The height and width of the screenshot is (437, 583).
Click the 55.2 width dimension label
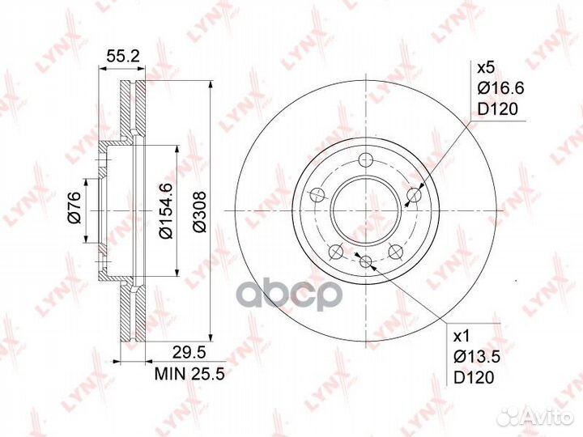click(123, 56)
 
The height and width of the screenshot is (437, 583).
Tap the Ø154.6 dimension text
click(165, 210)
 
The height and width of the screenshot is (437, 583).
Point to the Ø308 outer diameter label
click(199, 212)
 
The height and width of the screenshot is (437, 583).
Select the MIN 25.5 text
click(189, 374)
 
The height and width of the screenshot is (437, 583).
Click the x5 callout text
click(486, 68)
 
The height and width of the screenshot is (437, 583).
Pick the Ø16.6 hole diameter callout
click(500, 88)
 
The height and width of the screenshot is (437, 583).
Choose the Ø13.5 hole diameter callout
click(477, 357)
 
